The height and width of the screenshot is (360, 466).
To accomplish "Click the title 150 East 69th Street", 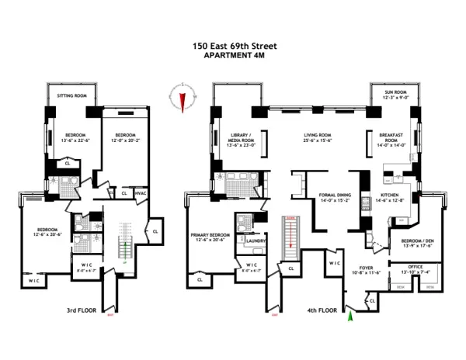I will click(x=234, y=46).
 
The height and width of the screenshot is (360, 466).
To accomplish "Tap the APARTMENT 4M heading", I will click(x=234, y=55).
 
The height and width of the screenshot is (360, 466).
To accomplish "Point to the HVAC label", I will click(x=141, y=193).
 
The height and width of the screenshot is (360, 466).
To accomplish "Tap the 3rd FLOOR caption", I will click(x=82, y=313).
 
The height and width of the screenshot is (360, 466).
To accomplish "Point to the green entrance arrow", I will click(x=351, y=313).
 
